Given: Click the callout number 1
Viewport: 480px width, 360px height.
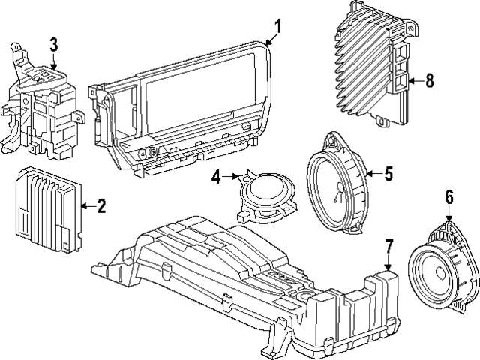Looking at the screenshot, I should (x=277, y=27).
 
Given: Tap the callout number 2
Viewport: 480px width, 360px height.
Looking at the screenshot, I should (x=101, y=205).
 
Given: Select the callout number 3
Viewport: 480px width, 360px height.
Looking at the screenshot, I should (x=53, y=44).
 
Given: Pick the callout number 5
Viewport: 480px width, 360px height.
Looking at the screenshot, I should (x=388, y=174).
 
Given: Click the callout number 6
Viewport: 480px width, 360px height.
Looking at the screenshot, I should (x=449, y=198).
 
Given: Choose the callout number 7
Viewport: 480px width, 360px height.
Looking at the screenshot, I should (x=388, y=246).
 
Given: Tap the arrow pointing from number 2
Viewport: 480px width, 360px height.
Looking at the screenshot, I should (x=86, y=205).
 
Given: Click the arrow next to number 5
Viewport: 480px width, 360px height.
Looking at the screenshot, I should (x=373, y=174).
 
